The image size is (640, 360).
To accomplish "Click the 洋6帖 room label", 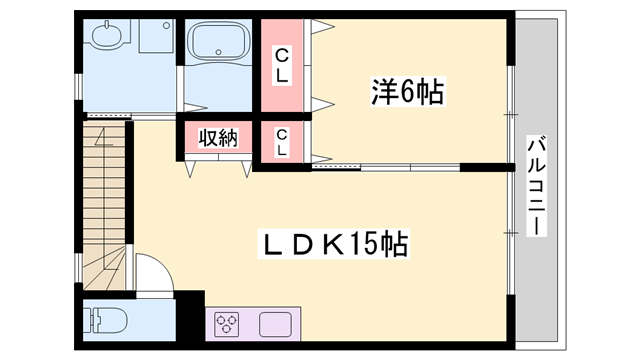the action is [408, 91].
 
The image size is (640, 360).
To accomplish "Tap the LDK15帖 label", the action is [333, 244].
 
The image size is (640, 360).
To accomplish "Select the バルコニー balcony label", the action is [536, 186].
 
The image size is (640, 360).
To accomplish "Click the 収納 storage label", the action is [218, 138].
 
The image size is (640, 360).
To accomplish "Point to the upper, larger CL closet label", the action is [282, 65].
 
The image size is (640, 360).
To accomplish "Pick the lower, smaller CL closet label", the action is [282, 142].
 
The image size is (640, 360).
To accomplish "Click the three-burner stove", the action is [227, 324].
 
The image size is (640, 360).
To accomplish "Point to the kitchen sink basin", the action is [276, 324].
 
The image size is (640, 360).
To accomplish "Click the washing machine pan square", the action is [156, 36].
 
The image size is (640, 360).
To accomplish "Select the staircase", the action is [104, 206].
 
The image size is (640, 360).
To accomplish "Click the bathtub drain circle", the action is [218, 52].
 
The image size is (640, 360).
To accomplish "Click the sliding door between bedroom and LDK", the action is [386, 167].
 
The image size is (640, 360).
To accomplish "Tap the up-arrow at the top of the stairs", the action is [104, 137].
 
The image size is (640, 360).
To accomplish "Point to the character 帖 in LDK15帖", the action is [394, 244].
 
